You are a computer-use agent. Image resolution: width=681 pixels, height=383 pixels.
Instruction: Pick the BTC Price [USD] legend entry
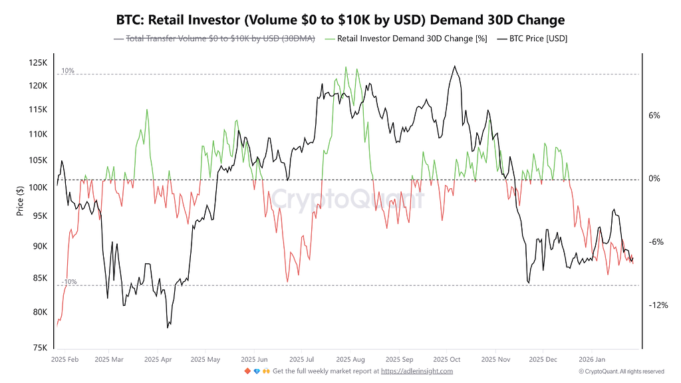(533, 39)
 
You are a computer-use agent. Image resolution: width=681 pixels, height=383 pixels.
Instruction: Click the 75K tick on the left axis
(39, 348)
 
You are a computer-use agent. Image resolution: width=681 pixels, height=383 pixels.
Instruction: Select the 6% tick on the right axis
(654, 116)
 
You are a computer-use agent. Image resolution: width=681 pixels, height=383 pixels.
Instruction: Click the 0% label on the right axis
(654, 179)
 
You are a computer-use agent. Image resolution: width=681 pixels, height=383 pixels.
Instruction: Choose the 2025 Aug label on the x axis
(350, 358)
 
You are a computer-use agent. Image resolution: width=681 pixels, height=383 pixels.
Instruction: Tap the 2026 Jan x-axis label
(592, 358)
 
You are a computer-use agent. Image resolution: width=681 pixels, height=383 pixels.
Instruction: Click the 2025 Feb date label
(65, 358)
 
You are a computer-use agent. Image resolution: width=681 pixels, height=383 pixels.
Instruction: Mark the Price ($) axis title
(20, 203)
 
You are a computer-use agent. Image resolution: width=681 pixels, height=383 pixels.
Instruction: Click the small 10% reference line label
(68, 70)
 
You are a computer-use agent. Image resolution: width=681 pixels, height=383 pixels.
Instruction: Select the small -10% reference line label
(69, 282)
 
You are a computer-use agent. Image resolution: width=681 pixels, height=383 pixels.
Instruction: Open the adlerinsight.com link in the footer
(416, 371)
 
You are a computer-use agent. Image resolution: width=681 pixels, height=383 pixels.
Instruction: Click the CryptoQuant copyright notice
(621, 371)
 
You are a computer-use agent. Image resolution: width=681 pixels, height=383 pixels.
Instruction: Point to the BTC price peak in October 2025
(454, 66)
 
